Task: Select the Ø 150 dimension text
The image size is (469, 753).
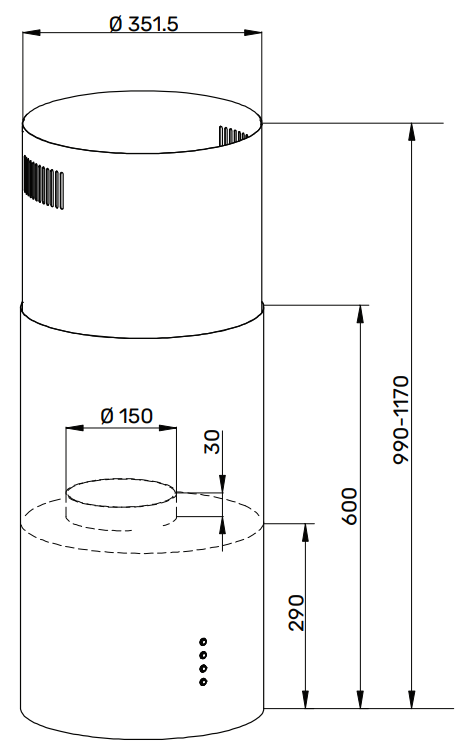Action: tap(126, 416)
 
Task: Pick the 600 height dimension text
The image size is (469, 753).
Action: tap(350, 507)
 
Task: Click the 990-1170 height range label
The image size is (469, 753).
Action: tap(401, 418)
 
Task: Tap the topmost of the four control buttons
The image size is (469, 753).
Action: tap(203, 642)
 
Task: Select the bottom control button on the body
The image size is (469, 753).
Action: tap(203, 682)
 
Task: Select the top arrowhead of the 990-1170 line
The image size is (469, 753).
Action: tap(412, 130)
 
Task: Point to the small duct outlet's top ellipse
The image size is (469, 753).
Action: tap(121, 491)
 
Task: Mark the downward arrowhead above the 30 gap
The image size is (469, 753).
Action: tap(221, 486)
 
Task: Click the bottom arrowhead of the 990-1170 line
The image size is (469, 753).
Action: tap(412, 703)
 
